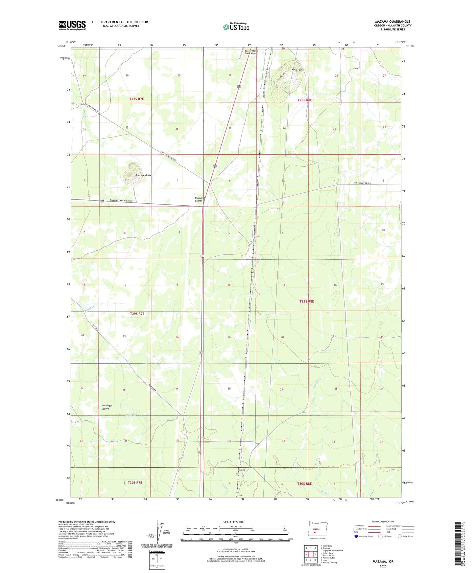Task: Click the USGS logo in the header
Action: (72, 25)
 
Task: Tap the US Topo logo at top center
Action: (236, 27)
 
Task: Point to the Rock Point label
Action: (297, 70)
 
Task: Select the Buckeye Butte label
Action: (143, 175)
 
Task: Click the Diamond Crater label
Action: (200, 199)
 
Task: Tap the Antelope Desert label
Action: (107, 407)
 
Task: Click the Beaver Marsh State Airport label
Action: (251, 52)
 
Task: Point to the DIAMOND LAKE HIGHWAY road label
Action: (121, 201)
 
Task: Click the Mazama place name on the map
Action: (241, 470)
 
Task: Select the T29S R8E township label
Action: (306, 301)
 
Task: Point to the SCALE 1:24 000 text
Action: (234, 522)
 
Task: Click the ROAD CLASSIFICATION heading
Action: (383, 521)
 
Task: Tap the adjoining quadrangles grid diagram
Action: (311, 554)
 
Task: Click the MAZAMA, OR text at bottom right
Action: (383, 562)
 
